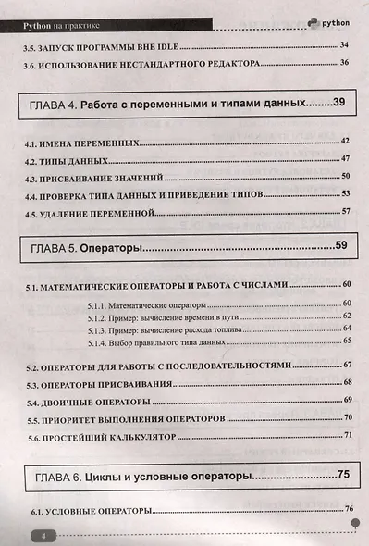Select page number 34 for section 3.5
coord(344,44)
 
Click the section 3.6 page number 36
coord(344,62)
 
